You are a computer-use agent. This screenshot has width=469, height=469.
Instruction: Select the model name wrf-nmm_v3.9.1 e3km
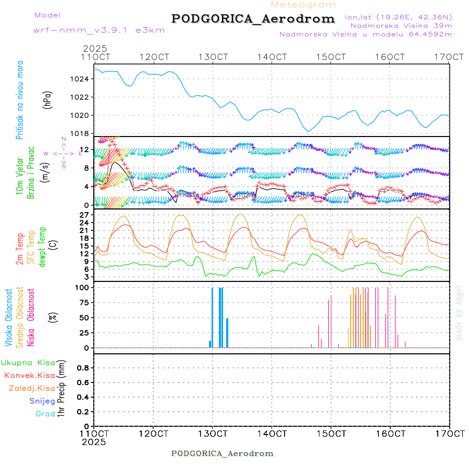pos(84,30)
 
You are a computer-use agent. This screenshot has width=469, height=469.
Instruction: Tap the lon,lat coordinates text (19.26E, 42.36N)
pos(399,17)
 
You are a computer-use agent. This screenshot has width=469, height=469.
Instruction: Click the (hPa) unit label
pos(48,100)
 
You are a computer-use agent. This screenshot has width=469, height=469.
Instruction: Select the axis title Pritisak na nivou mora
pos(20,100)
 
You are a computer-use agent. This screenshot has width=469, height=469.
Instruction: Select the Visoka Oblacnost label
pos(9,317)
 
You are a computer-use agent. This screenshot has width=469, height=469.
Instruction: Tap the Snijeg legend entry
pos(41,401)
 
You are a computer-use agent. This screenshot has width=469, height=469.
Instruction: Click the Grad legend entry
pos(45,414)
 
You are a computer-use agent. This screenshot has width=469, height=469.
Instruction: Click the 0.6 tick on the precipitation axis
pos(83,382)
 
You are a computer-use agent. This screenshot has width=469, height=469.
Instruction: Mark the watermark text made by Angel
pos(459,313)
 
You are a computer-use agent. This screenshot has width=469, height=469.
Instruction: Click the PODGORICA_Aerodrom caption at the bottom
pos(222,453)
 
